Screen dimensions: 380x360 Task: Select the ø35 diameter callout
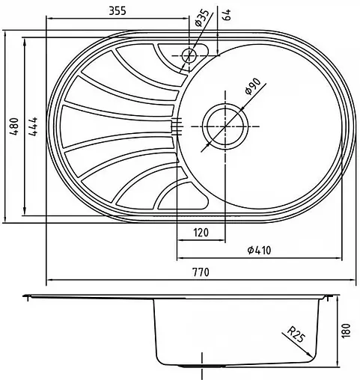(x=201, y=19)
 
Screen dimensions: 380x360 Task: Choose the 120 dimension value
(x=200, y=233)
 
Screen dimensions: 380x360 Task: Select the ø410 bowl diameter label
(x=257, y=251)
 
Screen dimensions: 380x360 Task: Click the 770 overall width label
(x=200, y=271)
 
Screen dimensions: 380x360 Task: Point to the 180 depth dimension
(x=345, y=329)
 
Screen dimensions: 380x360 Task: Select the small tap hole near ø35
(x=189, y=55)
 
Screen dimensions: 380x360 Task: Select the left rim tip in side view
(x=25, y=297)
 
